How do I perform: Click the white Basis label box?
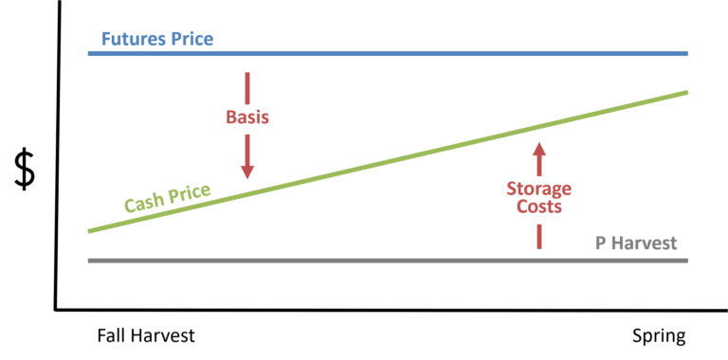[x=247, y=118]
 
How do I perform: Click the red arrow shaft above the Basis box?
[x=247, y=86]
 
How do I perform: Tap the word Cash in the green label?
[x=143, y=201]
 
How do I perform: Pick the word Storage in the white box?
[x=539, y=189]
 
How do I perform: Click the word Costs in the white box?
[x=539, y=207]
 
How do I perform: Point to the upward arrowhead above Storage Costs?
[x=539, y=148]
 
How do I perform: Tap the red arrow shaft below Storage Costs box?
[x=539, y=237]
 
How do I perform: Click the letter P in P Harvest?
[x=600, y=243]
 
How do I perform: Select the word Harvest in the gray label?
[x=645, y=243]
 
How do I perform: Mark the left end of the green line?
[x=89, y=230]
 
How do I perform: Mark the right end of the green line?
[x=686, y=92]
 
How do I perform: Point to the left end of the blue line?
[x=89, y=53]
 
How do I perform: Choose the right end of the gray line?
[x=686, y=260]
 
